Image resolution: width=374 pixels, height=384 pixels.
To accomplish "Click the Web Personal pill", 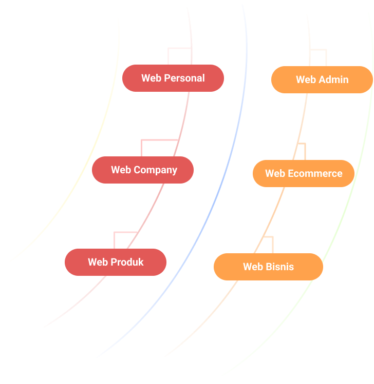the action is tap(173, 78).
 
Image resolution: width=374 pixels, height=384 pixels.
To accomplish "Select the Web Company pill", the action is tap(143, 170).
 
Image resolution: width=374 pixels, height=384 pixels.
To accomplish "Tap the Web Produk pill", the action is tap(116, 262).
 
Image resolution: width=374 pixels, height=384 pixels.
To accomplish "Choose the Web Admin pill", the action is tap(322, 79).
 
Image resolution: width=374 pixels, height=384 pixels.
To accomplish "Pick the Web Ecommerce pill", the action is tap(304, 173).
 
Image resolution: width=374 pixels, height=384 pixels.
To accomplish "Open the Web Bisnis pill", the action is tap(268, 267).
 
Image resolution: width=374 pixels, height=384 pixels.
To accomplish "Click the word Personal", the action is tap(184, 78).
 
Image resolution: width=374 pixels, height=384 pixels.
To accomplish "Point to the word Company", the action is tap(155, 170).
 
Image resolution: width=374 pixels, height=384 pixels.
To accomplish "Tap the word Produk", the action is tap(127, 262).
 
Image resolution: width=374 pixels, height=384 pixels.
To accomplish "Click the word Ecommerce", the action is tap(315, 173).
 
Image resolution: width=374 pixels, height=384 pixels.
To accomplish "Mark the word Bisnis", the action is tap(280, 267).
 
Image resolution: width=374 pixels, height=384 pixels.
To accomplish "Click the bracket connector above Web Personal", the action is tap(180, 48).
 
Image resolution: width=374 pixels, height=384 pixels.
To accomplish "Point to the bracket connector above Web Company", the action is tap(159, 140).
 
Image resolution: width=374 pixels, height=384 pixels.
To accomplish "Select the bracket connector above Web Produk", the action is tap(125, 232).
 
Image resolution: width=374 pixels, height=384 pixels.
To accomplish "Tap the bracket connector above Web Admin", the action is tap(319, 50).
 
